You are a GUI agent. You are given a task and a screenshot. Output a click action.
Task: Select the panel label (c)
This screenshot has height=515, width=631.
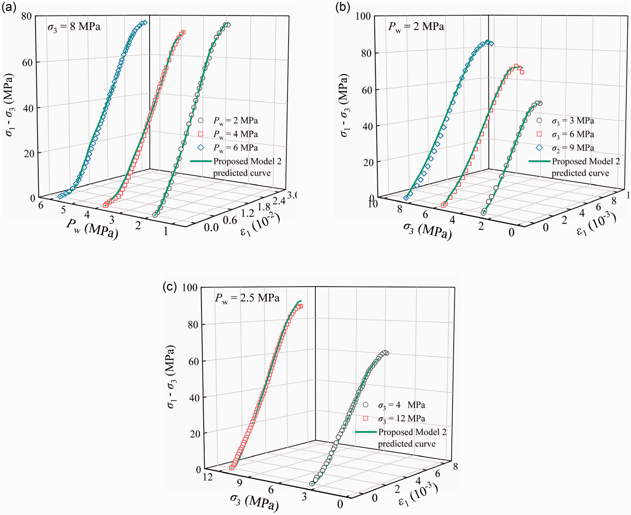click(x=170, y=287)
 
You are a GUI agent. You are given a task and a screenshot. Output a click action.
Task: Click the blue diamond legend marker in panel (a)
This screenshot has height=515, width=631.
click(x=201, y=147)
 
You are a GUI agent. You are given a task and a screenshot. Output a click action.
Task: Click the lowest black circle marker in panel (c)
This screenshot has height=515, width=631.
click(x=312, y=484)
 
